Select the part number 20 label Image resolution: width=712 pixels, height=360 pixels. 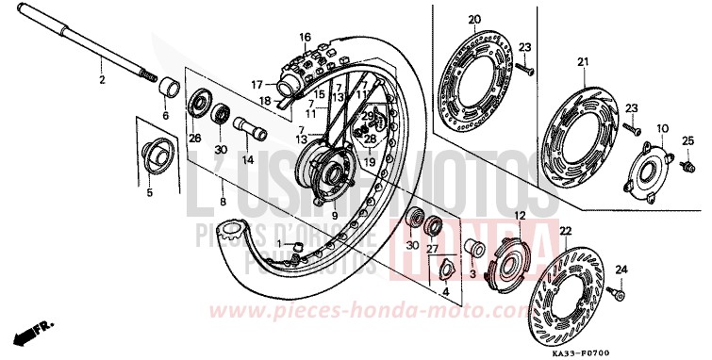coord(474,19)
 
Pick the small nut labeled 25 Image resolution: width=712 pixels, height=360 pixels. coord(673,164)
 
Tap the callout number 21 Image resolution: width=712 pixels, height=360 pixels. coord(583,63)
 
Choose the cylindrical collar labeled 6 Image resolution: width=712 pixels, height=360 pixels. coord(171,89)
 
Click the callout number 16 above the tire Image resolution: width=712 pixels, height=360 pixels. coord(305,37)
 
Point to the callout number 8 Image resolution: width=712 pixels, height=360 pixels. coord(222,202)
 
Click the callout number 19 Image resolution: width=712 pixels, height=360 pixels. coord(370,161)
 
